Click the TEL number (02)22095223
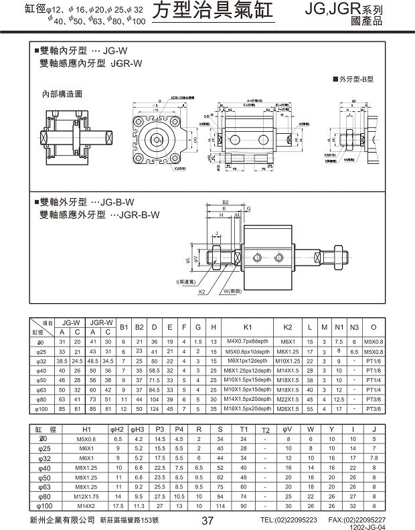tap(288, 519)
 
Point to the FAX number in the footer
tap(357, 519)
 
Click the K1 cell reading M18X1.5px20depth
tap(247, 408)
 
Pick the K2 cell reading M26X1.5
tap(287, 408)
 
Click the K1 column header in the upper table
tap(247, 327)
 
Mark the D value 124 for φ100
tap(155, 408)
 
